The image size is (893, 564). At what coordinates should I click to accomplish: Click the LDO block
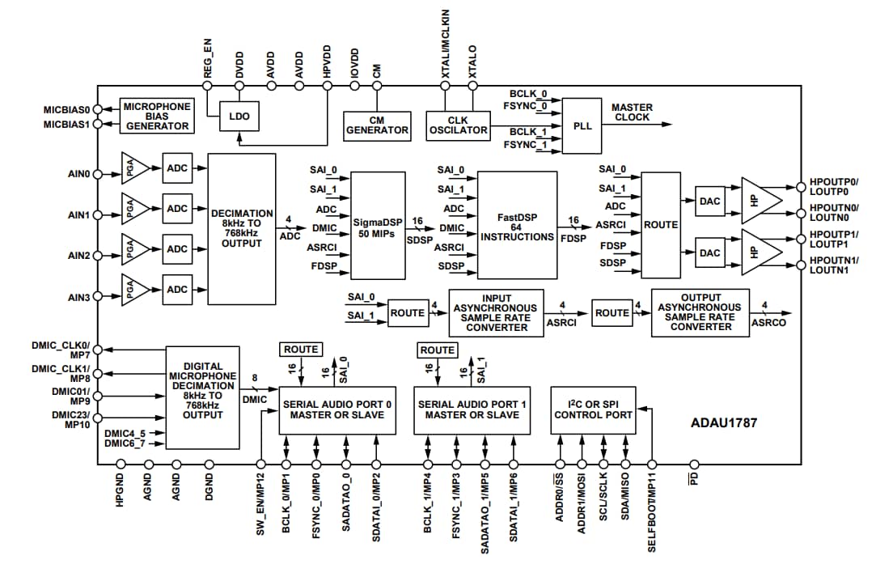pos(239,117)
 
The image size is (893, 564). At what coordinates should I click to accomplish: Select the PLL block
pos(582,126)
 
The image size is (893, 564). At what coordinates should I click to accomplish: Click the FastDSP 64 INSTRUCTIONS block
pos(517,225)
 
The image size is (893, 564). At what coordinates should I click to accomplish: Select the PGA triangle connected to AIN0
pos(134,168)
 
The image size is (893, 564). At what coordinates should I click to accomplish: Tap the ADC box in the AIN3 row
pos(177,289)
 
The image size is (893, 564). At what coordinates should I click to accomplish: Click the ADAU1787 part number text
pos(724,422)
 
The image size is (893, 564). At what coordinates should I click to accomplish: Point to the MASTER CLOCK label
pos(632,112)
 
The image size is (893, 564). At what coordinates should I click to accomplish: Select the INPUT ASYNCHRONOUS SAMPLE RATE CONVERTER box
pos(496,313)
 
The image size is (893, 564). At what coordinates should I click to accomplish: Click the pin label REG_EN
pos(208,59)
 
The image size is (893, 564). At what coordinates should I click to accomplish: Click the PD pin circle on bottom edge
pos(693,464)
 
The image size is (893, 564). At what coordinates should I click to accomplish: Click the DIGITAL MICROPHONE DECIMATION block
pos(203,396)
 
